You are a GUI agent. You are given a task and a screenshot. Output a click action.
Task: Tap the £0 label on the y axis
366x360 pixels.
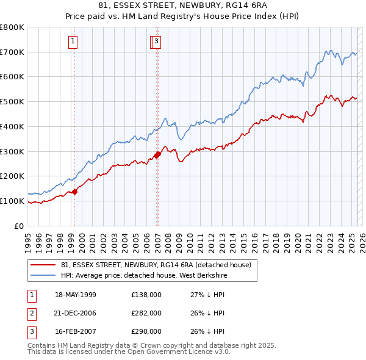tap(19, 226)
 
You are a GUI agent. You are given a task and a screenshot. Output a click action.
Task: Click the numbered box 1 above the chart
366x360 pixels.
tap(73, 41)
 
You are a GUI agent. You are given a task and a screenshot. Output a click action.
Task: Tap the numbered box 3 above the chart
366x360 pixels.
tap(157, 41)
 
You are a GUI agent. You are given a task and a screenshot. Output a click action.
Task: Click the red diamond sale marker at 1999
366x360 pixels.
tap(75, 192)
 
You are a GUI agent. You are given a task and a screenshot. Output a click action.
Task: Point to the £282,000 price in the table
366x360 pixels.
tap(146, 313)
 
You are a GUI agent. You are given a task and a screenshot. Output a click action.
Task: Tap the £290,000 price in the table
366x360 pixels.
tap(146, 331)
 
